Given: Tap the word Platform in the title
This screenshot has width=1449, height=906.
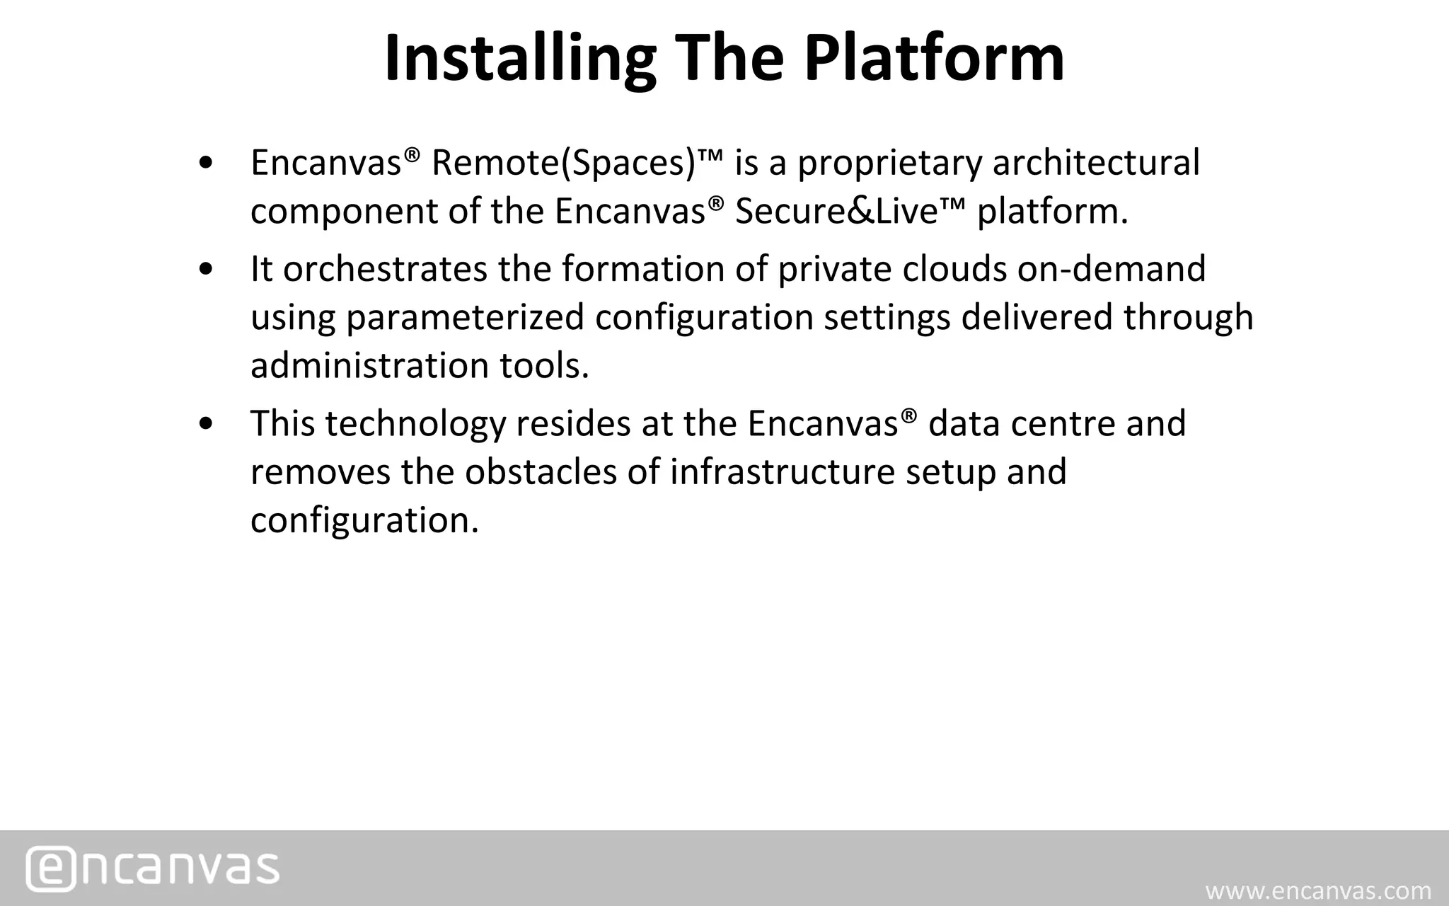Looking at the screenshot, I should [x=934, y=58].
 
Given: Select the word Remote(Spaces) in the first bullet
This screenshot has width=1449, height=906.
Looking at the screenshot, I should [x=563, y=163].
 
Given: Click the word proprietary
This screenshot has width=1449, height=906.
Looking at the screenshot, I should [x=890, y=163].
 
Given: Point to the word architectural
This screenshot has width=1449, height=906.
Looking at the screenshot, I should [x=1096, y=163].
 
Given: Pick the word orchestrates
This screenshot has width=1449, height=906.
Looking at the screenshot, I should [x=385, y=270].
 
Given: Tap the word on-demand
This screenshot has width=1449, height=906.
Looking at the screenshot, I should [x=1112, y=270].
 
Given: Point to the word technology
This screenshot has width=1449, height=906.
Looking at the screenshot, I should [x=415, y=424].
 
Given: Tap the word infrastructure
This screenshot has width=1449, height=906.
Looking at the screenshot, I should [x=783, y=472].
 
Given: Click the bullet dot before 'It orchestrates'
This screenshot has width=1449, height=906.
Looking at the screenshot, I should [x=206, y=270].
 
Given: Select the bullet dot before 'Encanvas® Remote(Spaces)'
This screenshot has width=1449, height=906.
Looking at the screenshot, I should [x=206, y=164].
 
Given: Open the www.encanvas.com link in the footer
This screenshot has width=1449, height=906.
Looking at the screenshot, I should [x=1318, y=890].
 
